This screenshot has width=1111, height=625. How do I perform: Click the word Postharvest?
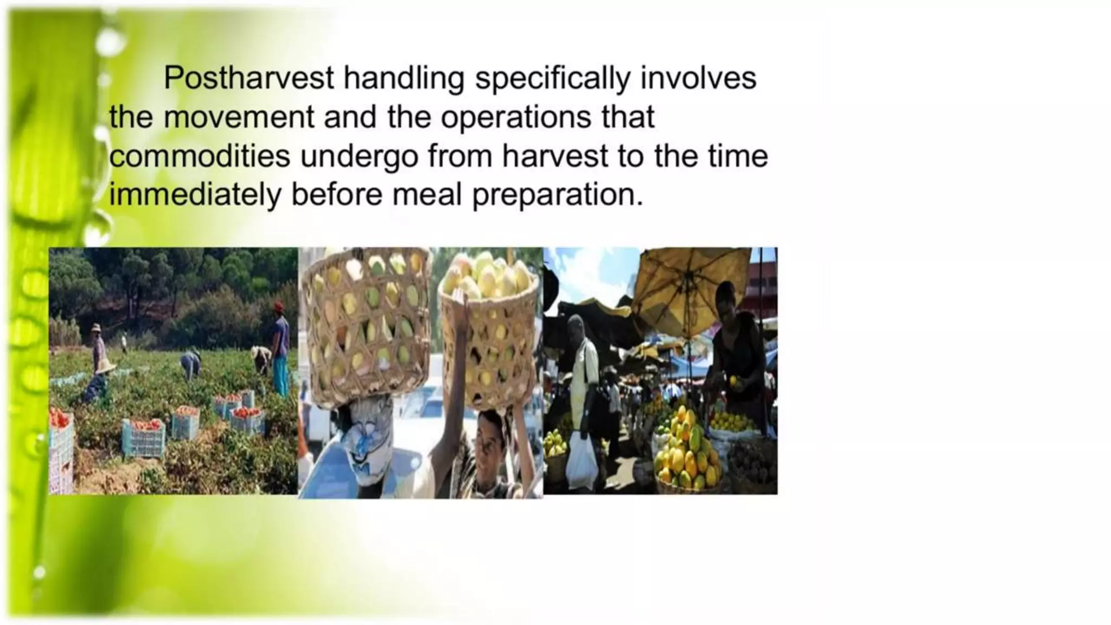click(x=248, y=78)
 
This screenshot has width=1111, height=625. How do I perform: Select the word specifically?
click(x=553, y=78)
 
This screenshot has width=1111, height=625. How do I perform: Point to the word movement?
click(x=239, y=117)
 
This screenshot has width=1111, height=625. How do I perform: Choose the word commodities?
click(x=200, y=156)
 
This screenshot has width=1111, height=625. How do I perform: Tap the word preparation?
click(x=557, y=195)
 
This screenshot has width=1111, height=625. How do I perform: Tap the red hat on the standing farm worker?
click(x=279, y=307)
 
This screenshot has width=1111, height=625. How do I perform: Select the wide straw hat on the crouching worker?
click(x=105, y=366)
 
